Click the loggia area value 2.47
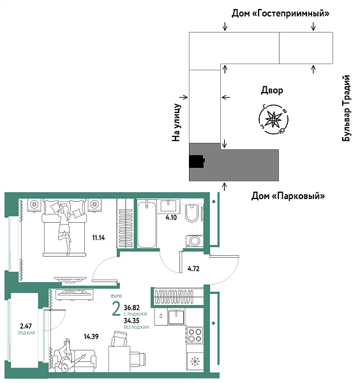26,326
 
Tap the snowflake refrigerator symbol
195,362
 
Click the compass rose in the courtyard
273,118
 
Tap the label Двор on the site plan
272,91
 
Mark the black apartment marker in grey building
196,161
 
